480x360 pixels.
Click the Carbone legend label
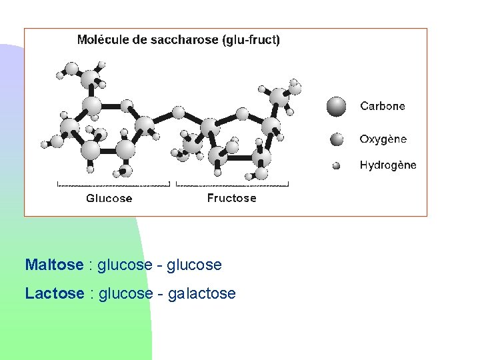(x=382, y=106)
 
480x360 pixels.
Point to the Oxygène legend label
(x=383, y=139)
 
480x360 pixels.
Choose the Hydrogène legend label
(x=387, y=165)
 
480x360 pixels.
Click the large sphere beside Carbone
(x=337, y=106)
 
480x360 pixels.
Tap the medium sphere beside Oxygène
(x=337, y=139)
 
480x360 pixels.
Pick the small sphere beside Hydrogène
(x=337, y=165)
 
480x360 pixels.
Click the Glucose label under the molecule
(x=109, y=198)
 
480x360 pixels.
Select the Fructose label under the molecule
(x=231, y=198)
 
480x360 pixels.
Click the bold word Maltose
(x=54, y=265)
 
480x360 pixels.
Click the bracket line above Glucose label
(x=113, y=183)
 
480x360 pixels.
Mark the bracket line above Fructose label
(x=232, y=183)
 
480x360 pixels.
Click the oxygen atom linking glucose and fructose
(x=177, y=112)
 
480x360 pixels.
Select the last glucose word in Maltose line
(x=194, y=265)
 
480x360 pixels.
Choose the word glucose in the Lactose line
(x=125, y=293)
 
